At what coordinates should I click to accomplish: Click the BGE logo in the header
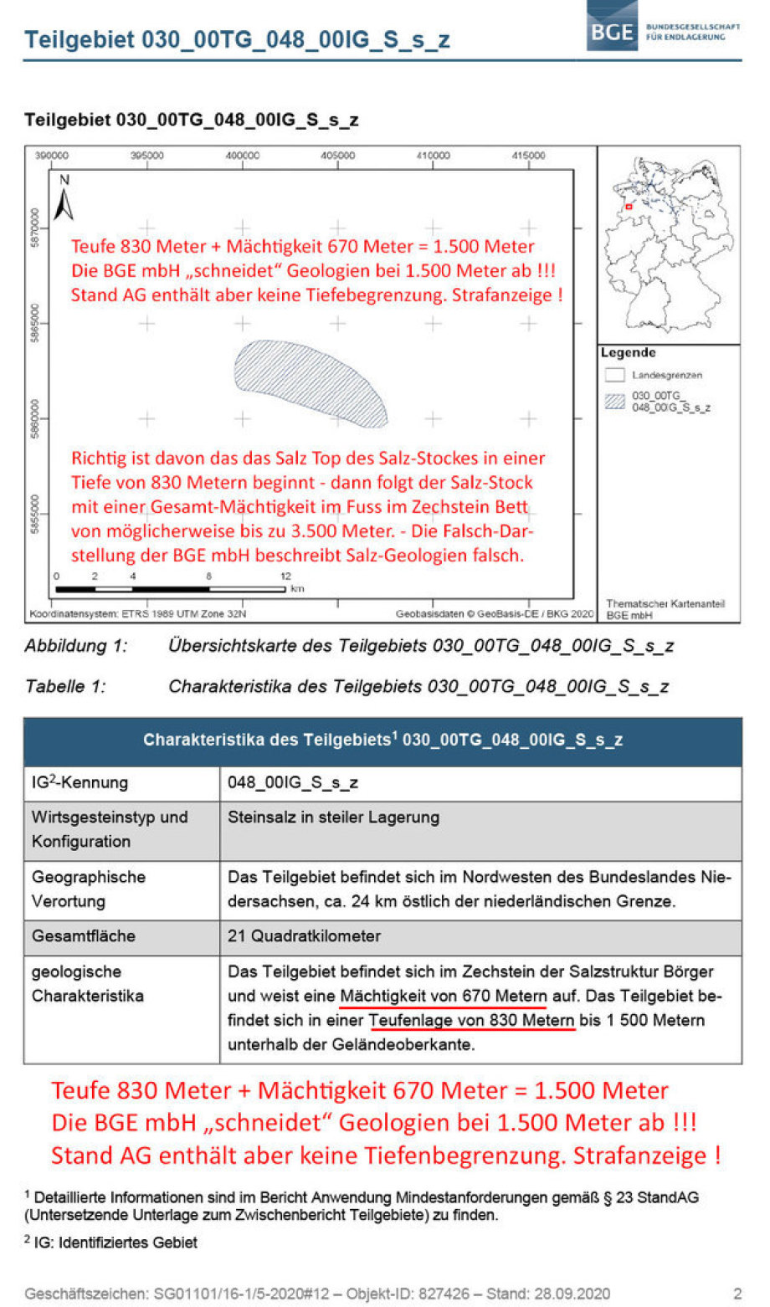tap(612, 31)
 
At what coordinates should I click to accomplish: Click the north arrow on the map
tap(64, 197)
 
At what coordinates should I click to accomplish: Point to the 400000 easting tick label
tap(243, 156)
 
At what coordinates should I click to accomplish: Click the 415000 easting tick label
tap(528, 156)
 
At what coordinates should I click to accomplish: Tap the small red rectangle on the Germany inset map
tap(629, 206)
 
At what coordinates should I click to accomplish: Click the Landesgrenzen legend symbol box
tap(615, 375)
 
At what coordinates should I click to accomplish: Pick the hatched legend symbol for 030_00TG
tap(615, 402)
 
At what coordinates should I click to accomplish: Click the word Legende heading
tap(628, 353)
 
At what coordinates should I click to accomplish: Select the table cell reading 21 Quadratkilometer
tap(304, 936)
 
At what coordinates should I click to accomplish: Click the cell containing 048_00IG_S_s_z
tap(293, 783)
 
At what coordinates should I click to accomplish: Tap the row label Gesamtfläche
tap(84, 936)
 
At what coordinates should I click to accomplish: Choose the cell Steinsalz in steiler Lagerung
tap(333, 818)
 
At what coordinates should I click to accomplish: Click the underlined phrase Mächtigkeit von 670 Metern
tap(444, 997)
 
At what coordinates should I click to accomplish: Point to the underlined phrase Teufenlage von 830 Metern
tap(471, 1021)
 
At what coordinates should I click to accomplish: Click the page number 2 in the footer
tap(737, 1294)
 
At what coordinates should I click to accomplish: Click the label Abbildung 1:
tap(76, 646)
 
